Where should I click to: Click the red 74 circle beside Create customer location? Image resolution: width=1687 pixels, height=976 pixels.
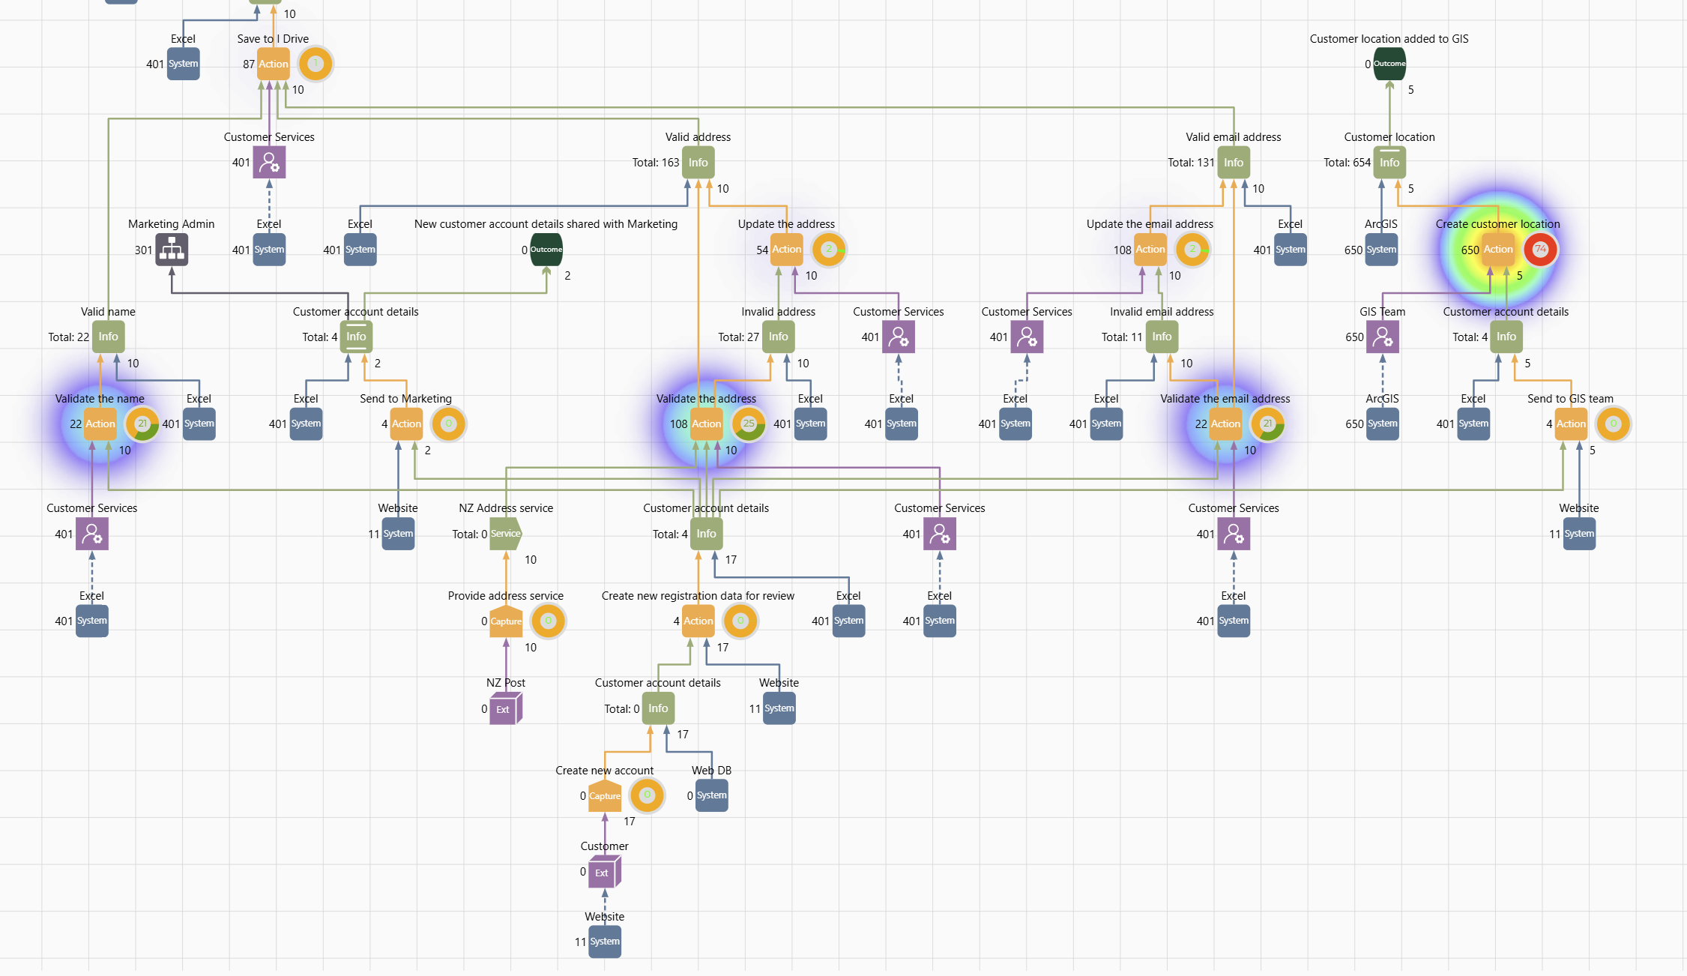1540,250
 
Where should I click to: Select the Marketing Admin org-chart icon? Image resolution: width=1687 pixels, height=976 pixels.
172,250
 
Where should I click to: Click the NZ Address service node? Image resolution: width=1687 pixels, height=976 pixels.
506,534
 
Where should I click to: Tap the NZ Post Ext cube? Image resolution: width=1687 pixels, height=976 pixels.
505,708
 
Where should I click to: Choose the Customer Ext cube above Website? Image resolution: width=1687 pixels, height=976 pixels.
604,872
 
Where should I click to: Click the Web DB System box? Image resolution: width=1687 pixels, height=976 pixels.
711,795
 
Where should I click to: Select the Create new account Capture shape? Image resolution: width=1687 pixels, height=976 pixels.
604,795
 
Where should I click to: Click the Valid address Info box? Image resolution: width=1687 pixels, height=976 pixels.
698,162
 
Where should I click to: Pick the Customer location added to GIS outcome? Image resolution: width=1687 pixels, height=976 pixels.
1389,64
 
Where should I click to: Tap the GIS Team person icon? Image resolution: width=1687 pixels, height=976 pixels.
1382,337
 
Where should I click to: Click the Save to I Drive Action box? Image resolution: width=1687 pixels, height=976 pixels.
273,64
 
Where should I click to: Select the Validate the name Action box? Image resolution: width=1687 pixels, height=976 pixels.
100,424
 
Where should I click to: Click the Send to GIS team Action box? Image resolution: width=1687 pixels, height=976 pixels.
1571,424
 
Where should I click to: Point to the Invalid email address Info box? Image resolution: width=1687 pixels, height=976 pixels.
1162,337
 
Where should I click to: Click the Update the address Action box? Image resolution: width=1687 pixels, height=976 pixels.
786,250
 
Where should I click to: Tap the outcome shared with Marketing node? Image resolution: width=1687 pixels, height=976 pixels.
546,250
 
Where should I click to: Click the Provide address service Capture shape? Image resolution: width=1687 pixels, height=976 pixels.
506,621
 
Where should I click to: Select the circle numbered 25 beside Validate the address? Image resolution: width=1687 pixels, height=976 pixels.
748,424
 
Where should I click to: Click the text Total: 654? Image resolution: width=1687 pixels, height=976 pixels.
1346,163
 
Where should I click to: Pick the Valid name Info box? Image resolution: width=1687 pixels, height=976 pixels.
108,337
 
